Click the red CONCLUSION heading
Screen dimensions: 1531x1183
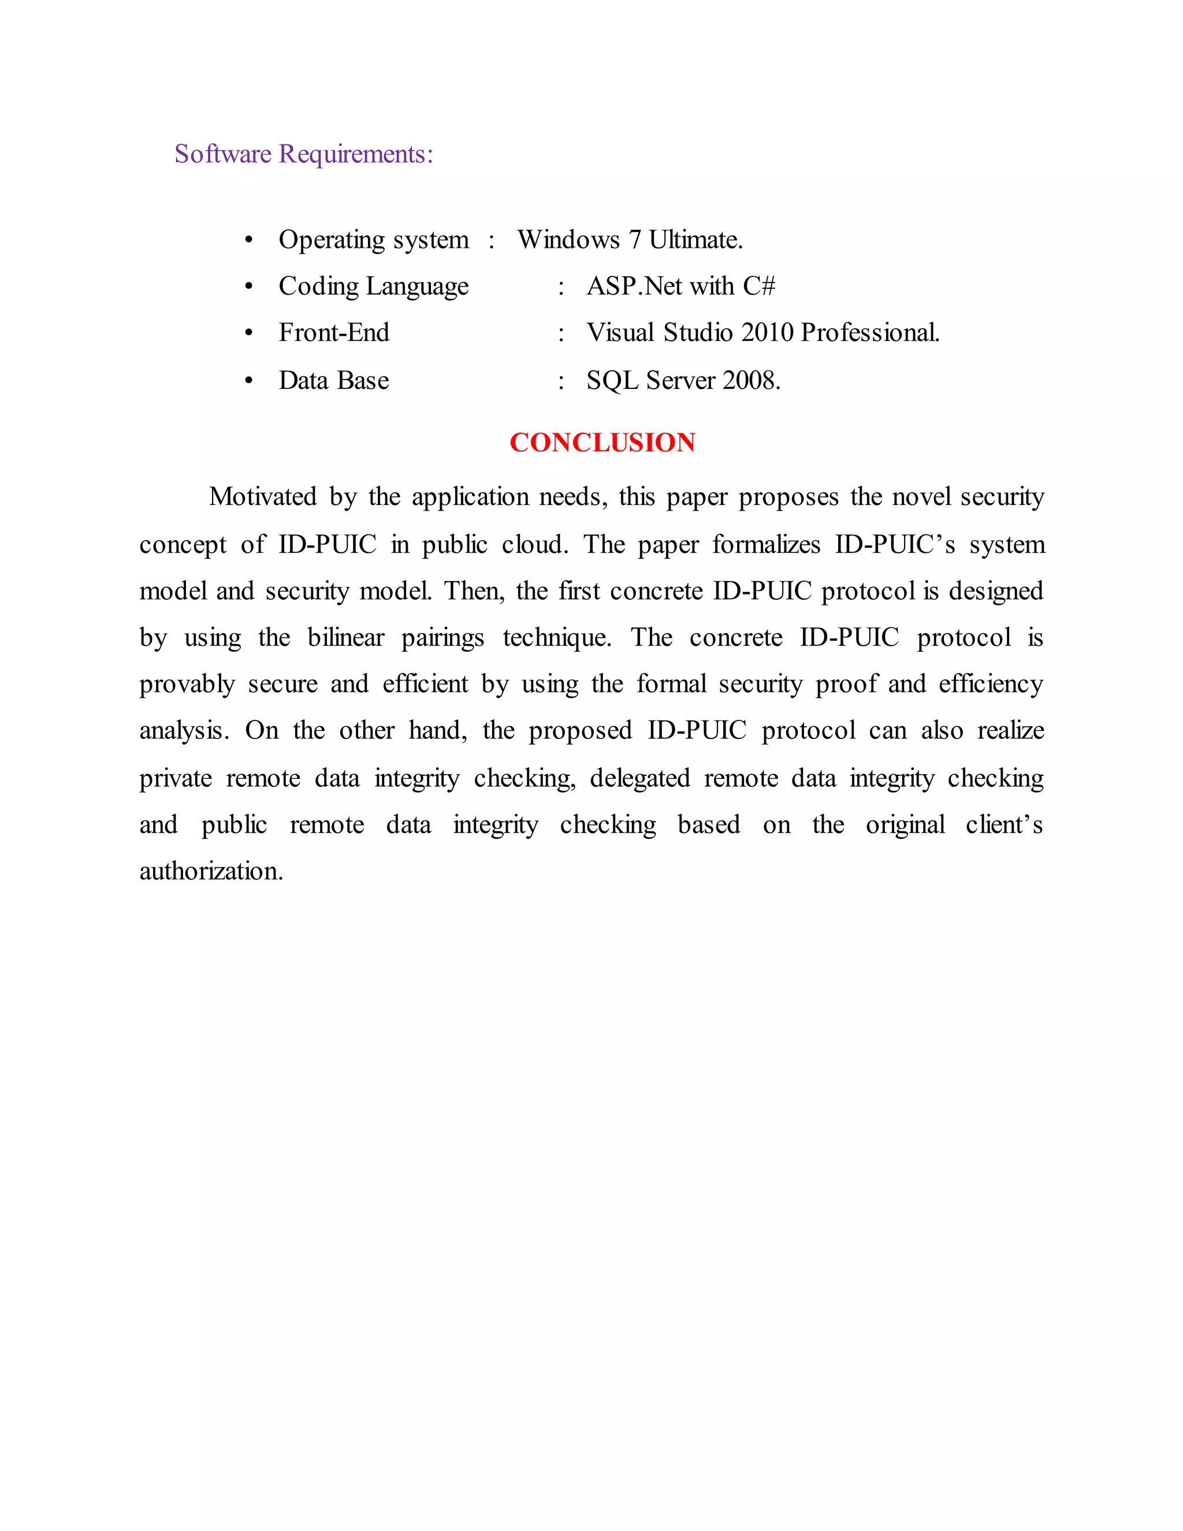602,443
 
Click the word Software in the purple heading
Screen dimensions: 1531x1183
223,154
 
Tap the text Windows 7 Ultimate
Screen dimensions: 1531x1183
630,240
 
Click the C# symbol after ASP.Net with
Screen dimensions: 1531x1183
759,286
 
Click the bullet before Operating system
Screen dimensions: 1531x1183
248,240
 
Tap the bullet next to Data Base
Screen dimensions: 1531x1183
248,381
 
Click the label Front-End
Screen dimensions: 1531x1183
334,332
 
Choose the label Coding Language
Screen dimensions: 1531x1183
374,286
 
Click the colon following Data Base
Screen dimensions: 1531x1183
561,381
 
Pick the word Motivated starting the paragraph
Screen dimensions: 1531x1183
263,496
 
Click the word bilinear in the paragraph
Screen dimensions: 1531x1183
345,637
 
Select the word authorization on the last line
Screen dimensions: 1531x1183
210,871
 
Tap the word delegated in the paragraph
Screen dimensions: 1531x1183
640,778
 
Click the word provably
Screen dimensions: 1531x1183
187,684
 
